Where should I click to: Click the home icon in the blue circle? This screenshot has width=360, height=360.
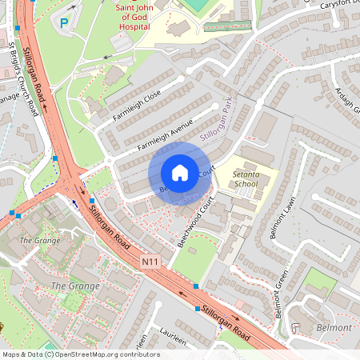click(x=180, y=173)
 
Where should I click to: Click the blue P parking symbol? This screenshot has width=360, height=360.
click(x=64, y=22)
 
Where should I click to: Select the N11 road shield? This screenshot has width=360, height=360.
click(x=150, y=261)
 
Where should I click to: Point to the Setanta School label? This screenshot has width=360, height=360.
click(x=244, y=178)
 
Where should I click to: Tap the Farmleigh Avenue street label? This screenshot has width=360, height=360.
click(x=166, y=136)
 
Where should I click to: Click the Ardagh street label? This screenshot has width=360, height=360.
click(x=346, y=99)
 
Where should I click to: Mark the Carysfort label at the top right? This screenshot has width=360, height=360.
click(x=336, y=6)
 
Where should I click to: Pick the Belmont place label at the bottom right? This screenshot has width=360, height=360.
click(x=334, y=328)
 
